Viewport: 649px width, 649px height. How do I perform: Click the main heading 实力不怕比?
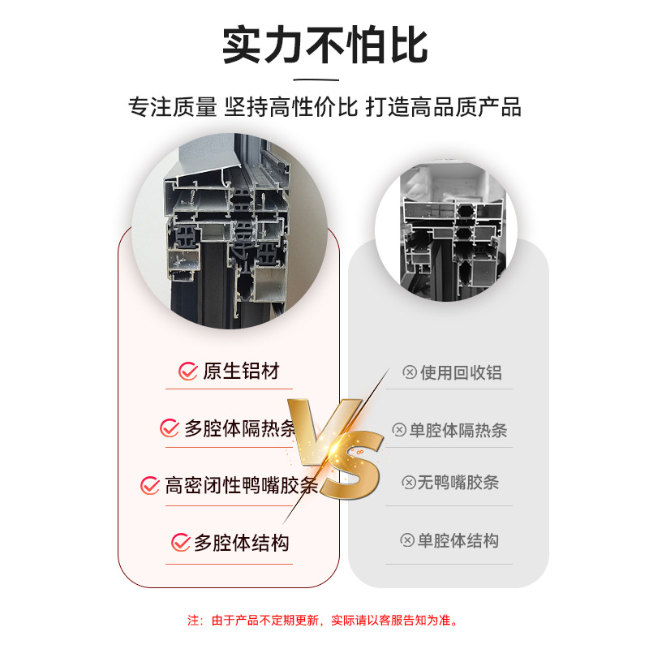coord(325,45)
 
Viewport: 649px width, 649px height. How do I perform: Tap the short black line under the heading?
coord(316,80)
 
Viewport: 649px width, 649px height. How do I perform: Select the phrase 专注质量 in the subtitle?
coord(173,107)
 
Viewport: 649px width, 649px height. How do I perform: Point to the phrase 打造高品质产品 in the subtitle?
coord(443,107)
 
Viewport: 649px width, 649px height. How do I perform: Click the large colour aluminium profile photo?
coord(230,231)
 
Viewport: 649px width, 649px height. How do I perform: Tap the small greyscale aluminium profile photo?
coord(446,230)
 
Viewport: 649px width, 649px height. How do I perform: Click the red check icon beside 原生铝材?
coord(188,372)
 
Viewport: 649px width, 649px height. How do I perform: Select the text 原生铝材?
coord(241,372)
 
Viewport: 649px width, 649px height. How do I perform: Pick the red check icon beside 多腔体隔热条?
coord(170,428)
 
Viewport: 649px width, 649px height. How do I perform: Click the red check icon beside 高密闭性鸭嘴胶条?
coord(150,485)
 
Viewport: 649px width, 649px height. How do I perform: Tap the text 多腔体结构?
coord(241,543)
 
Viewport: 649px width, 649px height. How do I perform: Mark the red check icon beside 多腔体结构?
coord(180,543)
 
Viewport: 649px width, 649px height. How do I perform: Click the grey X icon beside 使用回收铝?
coord(410,372)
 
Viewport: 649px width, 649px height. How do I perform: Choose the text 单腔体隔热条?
coord(458,431)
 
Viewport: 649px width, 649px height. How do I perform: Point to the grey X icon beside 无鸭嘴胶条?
coord(409,483)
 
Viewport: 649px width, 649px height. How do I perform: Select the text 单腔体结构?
coord(458,540)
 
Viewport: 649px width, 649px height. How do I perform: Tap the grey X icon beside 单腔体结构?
coord(407,540)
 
